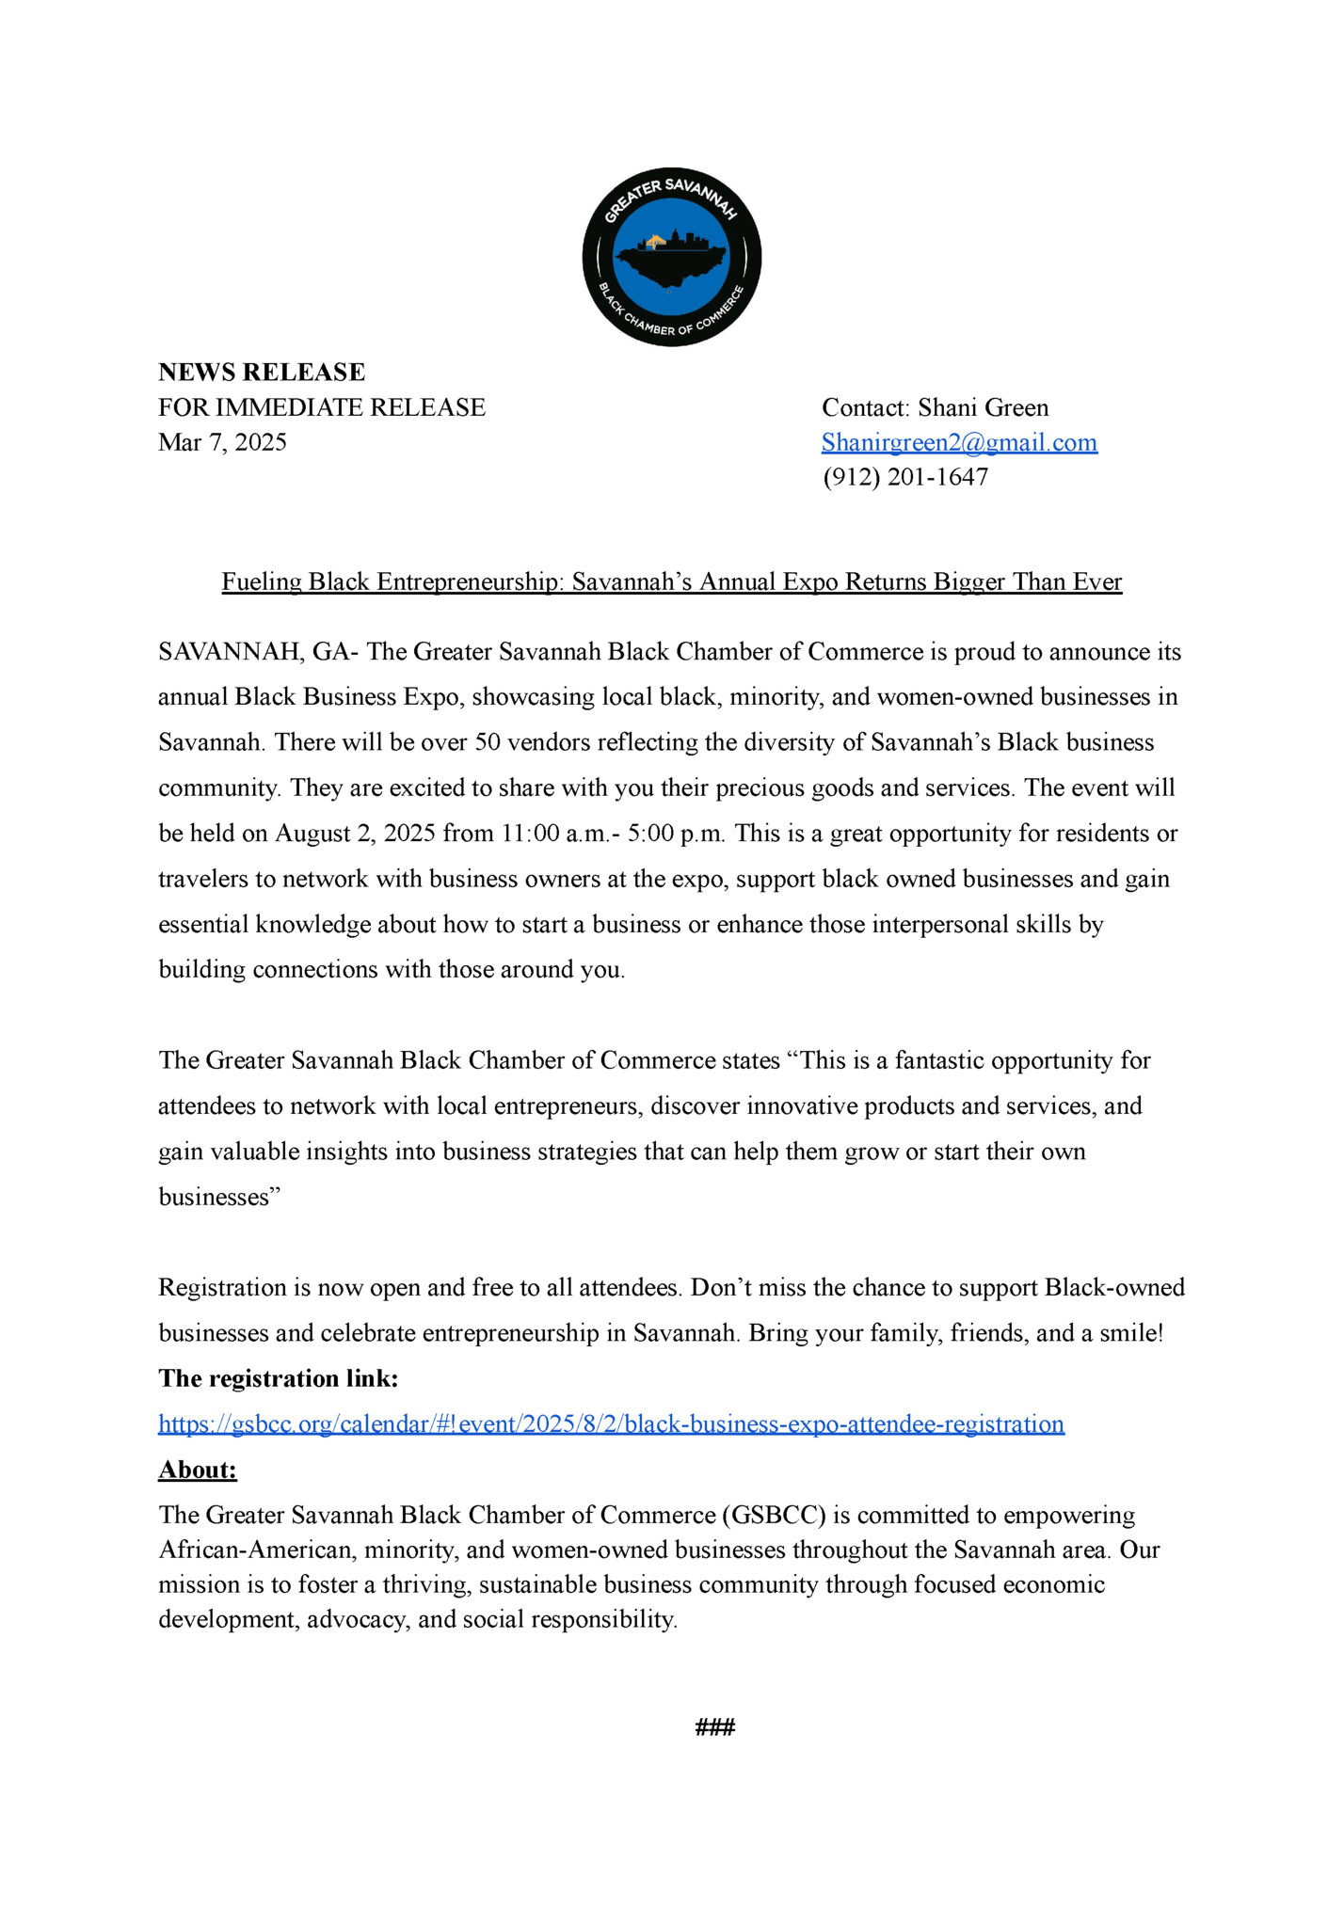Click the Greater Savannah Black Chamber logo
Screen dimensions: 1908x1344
coord(671,258)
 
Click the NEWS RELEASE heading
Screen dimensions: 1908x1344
coord(262,373)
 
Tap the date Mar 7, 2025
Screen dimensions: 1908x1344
coord(222,442)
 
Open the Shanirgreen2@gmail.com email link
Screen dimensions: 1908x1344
coord(959,442)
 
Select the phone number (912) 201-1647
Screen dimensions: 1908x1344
coord(905,477)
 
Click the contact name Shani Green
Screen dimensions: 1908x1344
coord(983,407)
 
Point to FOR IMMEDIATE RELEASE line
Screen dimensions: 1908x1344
coord(322,407)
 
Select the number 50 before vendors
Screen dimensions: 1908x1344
coord(488,742)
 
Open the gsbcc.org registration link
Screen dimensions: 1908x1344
coord(611,1423)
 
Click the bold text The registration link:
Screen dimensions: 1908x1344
coord(279,1378)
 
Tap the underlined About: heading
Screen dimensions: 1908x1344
coord(198,1470)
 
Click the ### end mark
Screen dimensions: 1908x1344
coord(714,1726)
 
